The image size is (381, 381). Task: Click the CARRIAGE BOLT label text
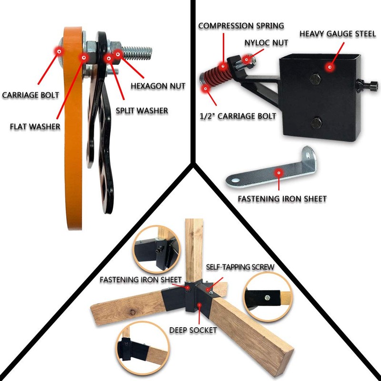[x=30, y=95]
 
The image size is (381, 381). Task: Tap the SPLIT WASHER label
[x=142, y=110]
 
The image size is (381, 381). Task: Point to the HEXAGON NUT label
[x=158, y=86]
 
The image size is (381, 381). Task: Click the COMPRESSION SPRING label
[x=241, y=25]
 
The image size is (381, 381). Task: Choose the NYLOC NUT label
[x=267, y=43]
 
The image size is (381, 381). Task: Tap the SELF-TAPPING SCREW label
[x=240, y=267]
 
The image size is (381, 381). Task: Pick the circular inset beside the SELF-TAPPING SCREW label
[x=268, y=297]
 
